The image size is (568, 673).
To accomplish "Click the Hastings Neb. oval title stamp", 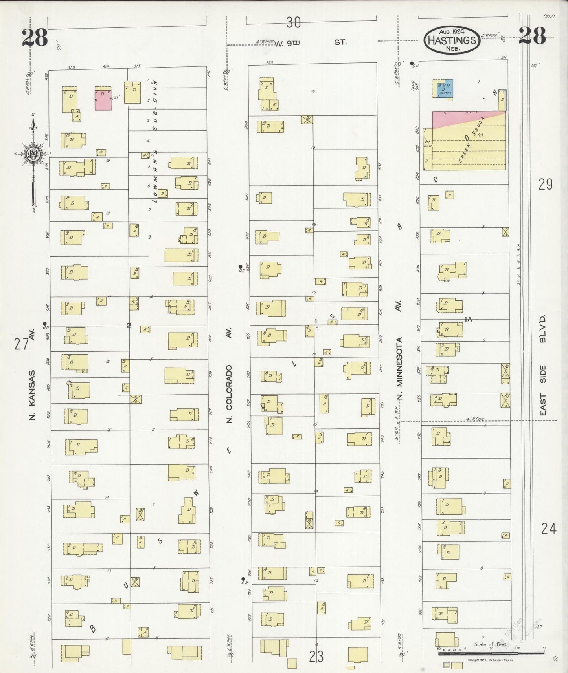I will coord(451,40).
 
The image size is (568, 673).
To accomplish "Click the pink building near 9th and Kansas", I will coord(103,100).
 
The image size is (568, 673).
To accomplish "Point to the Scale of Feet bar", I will coord(491,653).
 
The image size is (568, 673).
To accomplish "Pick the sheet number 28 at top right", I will coord(532,36).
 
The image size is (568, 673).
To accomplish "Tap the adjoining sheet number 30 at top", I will coord(293,23).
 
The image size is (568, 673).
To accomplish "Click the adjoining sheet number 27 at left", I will coord(21,344).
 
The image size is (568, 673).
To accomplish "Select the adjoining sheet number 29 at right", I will coord(546,184).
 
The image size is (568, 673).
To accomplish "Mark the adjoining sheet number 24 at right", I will coord(548,529).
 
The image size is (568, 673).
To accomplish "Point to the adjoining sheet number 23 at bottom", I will coord(316,657).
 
